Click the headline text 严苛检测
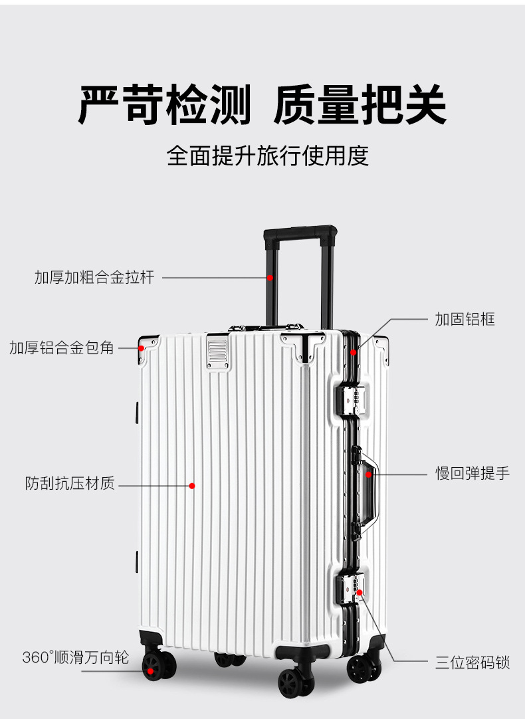(x=165, y=105)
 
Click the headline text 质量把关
(x=360, y=105)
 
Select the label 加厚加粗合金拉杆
(x=94, y=277)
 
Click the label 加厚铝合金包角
(x=62, y=348)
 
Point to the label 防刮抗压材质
(x=70, y=484)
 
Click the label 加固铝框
(x=465, y=319)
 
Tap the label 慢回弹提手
(x=472, y=474)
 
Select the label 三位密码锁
(x=472, y=662)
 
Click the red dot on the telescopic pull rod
(x=270, y=277)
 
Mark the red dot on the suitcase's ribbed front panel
(x=192, y=486)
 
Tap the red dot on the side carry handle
(x=369, y=474)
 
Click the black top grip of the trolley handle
(x=300, y=234)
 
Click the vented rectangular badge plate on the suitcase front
(x=217, y=352)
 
